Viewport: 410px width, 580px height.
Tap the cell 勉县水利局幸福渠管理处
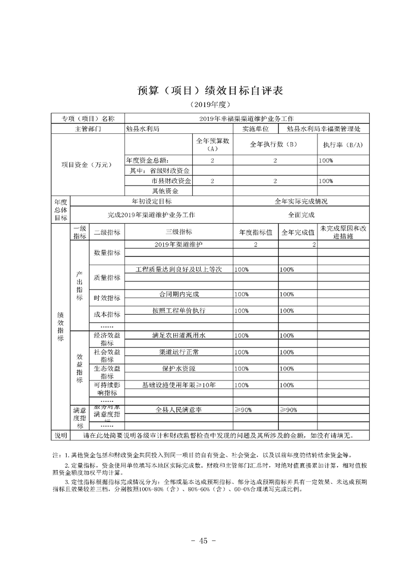click(x=322, y=128)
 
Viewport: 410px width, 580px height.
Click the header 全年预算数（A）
click(x=212, y=144)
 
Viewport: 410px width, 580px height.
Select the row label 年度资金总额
click(x=148, y=161)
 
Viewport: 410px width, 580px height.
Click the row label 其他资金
click(x=158, y=191)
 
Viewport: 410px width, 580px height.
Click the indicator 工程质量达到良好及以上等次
click(x=178, y=269)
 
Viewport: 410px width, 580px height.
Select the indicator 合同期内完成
click(x=178, y=294)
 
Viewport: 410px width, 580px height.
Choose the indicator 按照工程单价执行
click(x=178, y=311)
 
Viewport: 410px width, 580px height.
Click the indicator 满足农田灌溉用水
click(x=178, y=335)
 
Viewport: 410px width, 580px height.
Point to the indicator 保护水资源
click(x=178, y=369)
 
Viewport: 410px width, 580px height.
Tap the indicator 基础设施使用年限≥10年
click(x=178, y=385)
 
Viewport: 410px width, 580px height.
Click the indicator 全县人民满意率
click(x=178, y=409)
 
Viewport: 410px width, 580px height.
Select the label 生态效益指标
click(x=107, y=372)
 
